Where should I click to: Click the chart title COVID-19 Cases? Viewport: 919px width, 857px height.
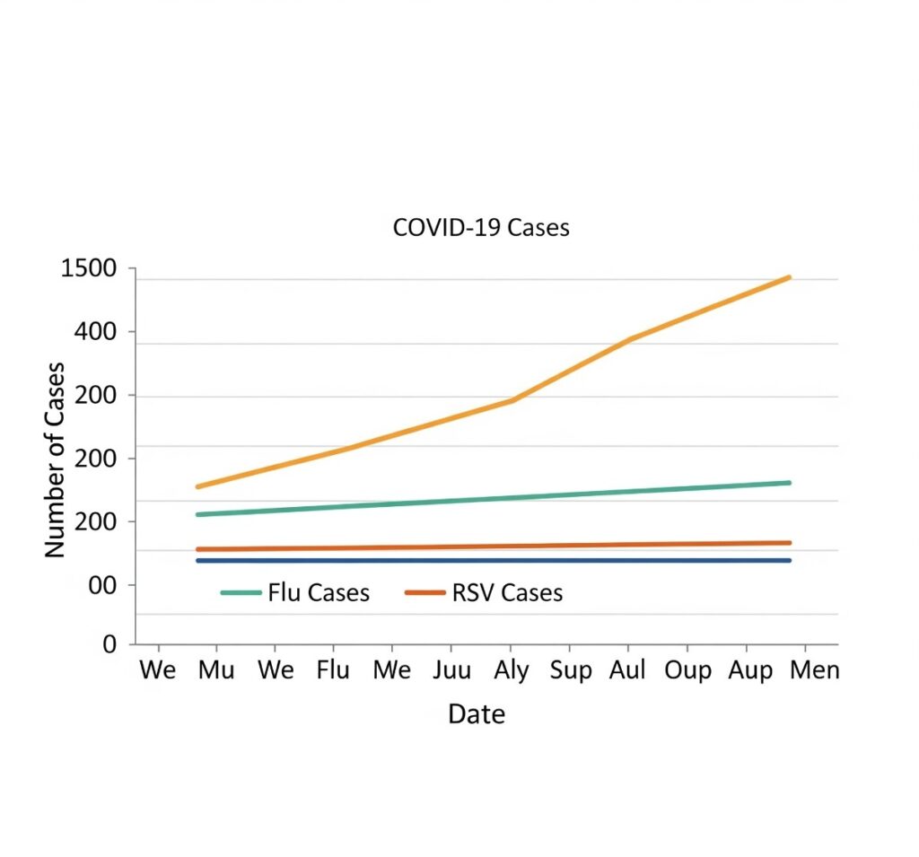tap(481, 228)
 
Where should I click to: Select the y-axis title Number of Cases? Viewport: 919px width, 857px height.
tap(56, 459)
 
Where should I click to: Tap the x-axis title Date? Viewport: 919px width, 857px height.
tap(477, 714)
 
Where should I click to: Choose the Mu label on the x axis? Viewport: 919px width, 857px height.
tap(216, 671)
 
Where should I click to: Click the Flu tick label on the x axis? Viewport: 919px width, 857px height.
tap(333, 671)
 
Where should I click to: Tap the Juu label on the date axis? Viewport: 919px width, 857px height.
tap(451, 671)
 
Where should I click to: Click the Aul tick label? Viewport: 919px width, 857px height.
tap(628, 671)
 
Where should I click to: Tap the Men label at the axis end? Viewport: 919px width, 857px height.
tap(815, 671)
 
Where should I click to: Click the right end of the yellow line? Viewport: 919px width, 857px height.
tap(789, 277)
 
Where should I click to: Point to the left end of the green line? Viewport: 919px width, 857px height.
tap(197, 514)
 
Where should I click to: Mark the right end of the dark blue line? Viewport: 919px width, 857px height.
tap(789, 560)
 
